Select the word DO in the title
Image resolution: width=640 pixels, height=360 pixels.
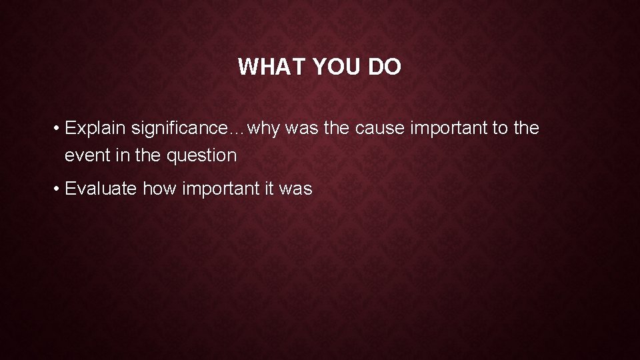point(385,67)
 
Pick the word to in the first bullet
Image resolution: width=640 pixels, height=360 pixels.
point(500,128)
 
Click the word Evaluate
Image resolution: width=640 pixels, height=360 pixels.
point(102,189)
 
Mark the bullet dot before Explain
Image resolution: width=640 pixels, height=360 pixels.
point(58,128)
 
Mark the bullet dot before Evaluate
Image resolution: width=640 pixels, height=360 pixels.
point(58,189)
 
